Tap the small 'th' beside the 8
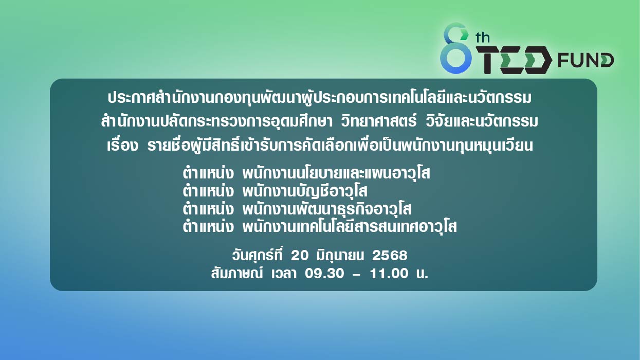coord(483,38)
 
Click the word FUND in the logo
coord(586,60)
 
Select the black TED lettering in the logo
coord(514,60)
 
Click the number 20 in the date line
coord(300,256)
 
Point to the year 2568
coord(390,256)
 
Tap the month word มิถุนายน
coord(340,256)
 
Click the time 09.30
coord(324,274)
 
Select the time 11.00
coord(389,274)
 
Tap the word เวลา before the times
coord(284,274)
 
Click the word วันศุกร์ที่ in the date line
coord(257,255)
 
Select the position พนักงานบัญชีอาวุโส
coord(304,191)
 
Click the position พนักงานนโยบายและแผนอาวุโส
coord(336,173)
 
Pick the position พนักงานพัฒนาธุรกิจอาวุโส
coord(327,209)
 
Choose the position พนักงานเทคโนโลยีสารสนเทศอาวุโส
coord(350,227)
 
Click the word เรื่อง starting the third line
coord(122,145)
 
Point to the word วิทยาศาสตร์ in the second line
coord(378,121)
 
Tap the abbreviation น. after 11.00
coord(422,274)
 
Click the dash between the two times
coord(357,274)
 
